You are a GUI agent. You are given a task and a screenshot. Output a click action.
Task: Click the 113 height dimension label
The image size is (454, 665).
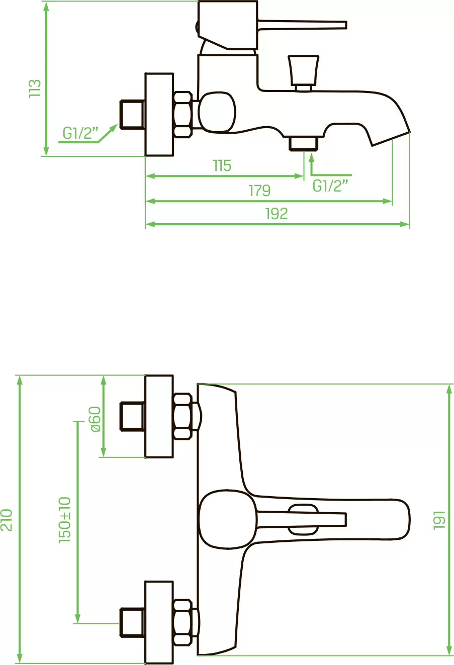[35, 88]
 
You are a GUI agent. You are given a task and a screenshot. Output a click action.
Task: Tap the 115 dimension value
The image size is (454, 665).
[222, 166]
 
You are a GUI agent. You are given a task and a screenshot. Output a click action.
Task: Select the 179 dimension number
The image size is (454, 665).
[259, 191]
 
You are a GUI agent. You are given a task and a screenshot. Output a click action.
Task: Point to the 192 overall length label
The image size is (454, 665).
[277, 214]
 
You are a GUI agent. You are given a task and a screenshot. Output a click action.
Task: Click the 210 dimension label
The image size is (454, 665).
[7, 520]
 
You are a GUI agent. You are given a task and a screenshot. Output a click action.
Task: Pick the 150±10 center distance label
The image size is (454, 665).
[65, 520]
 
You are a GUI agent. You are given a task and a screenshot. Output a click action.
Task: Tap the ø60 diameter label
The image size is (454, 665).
[95, 419]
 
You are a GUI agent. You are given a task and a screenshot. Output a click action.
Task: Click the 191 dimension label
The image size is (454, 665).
[439, 520]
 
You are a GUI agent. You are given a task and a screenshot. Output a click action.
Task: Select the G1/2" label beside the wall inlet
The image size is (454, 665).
[80, 133]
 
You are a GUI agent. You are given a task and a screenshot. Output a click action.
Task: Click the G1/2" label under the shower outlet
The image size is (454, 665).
[330, 186]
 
